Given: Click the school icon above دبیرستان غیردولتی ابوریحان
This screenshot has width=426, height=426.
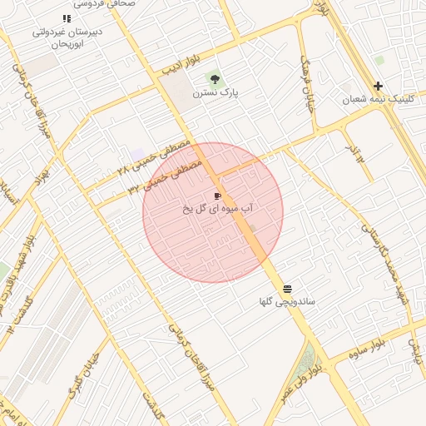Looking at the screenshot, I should click(x=67, y=18).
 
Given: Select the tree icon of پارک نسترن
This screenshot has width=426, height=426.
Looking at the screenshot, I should click(x=215, y=80).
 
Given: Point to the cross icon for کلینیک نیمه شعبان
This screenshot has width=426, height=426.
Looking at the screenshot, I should click(x=378, y=86).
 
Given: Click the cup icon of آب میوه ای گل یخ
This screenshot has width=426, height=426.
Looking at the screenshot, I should click(x=218, y=196).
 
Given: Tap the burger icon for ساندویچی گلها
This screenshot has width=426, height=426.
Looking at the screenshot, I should click(x=287, y=289).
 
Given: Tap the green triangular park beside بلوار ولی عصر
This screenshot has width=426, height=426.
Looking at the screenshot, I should click(x=306, y=360).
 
